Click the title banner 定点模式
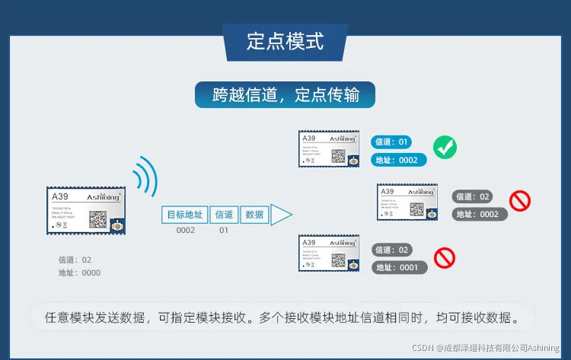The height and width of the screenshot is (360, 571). click(285, 41)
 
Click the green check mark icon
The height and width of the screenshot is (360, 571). click(445, 147)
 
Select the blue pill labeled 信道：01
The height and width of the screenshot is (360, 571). click(393, 142)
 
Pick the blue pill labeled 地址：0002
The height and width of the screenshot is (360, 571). click(398, 161)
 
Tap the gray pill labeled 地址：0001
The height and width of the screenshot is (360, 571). click(399, 268)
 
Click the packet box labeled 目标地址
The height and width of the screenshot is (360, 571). click(184, 215)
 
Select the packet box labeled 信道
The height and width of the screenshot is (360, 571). click(225, 215)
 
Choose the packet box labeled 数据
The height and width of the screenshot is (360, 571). click(255, 215)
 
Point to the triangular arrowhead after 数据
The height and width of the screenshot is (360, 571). click(281, 215)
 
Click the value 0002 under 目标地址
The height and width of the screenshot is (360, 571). click(186, 230)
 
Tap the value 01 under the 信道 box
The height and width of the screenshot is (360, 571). click(224, 230)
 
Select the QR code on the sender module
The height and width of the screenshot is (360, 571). click(97, 218)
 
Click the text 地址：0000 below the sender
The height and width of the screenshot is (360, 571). click(80, 272)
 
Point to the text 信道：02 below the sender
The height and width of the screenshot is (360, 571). click(75, 260)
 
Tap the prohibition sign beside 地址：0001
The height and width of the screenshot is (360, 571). click(444, 259)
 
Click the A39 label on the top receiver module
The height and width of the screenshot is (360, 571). click(308, 139)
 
